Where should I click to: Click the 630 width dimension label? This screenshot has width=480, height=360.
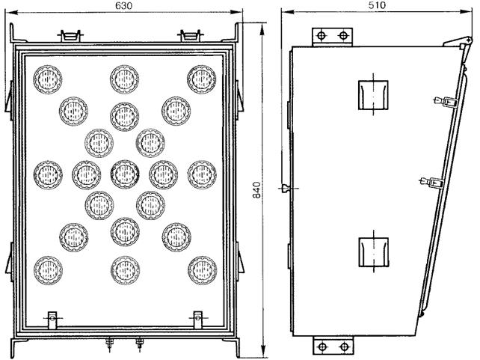coord(124,6)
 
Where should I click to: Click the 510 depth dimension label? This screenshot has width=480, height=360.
coord(376,6)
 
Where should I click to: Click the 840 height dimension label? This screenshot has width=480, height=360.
coord(256,190)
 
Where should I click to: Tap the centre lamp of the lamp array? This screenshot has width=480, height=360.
coord(123,174)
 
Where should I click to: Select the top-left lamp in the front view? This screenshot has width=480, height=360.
coord(48,78)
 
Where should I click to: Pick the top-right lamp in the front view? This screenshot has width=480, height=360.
coord(202,78)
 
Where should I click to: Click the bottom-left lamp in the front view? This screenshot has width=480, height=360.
coord(48,269)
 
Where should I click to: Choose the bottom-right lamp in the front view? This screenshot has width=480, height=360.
coord(202,269)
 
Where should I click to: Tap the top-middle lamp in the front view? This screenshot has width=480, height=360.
coord(124,78)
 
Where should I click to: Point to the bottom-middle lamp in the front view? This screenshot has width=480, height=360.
coord(124,269)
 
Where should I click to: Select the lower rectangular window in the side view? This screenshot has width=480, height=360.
coord(372,251)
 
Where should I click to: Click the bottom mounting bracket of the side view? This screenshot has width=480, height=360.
coord(332,347)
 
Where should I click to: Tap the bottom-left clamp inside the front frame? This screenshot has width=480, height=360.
coord(52,318)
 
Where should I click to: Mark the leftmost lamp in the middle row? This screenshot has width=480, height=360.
coord(48,174)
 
